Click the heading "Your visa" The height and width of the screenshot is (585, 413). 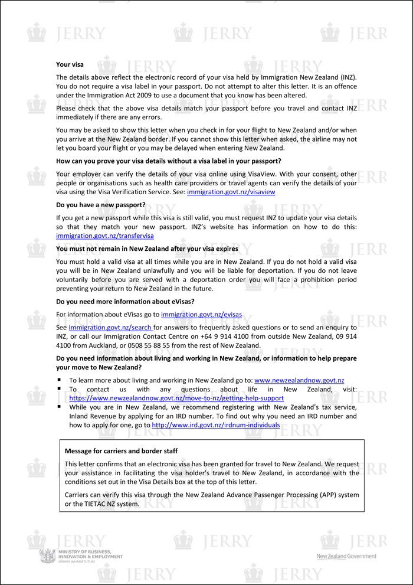70,64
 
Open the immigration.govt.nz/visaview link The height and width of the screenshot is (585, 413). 231,192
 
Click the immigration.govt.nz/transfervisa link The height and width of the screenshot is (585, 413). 104,236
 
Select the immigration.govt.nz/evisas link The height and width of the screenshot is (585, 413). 201,315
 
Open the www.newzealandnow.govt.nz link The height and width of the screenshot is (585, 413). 299,380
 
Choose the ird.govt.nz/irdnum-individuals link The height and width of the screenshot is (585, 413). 216,424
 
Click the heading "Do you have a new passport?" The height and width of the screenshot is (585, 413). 101,204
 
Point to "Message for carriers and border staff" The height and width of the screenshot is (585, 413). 121,451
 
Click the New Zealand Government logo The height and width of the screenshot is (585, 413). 346,556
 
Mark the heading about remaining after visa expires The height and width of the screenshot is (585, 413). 147,249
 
